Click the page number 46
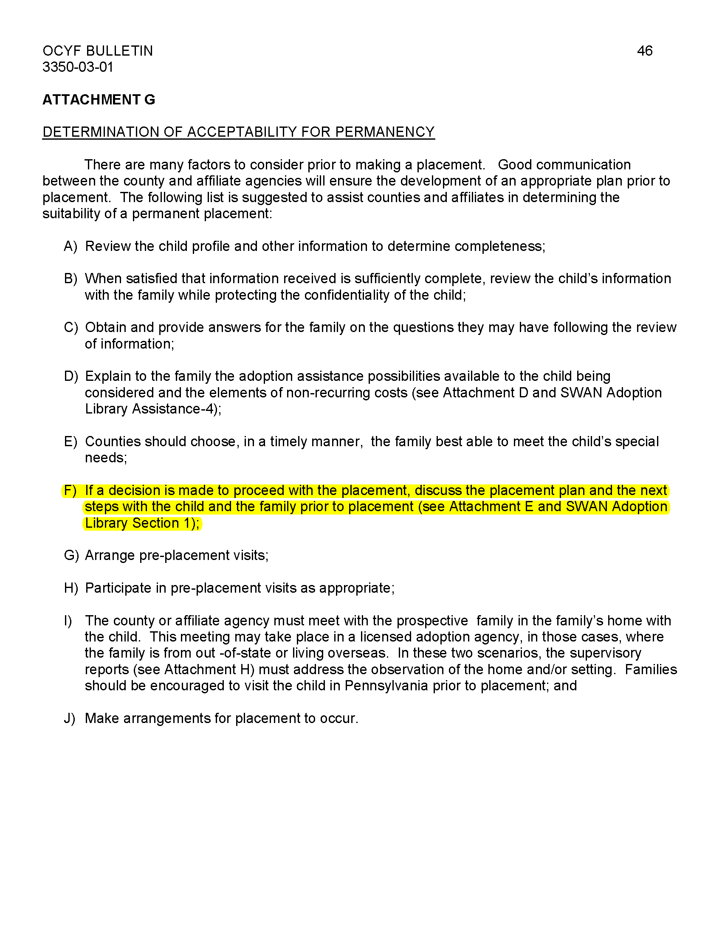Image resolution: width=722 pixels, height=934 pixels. click(x=644, y=51)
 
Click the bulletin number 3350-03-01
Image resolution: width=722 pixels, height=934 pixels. click(x=77, y=67)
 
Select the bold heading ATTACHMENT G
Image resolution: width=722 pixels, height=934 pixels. click(x=99, y=100)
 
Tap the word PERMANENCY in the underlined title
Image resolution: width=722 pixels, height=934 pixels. click(x=384, y=132)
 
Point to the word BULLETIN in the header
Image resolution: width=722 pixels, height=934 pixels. click(x=119, y=51)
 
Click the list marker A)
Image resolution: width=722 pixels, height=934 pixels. click(x=70, y=246)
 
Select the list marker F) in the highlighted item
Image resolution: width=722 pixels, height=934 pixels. click(x=70, y=490)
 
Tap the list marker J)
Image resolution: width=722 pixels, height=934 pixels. click(x=70, y=718)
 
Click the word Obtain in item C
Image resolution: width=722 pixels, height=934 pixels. click(x=106, y=328)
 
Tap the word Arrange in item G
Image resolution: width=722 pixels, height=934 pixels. click(x=110, y=556)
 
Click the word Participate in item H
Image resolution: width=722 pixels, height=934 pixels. click(x=118, y=588)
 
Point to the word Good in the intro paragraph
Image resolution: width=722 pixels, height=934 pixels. click(x=515, y=165)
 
